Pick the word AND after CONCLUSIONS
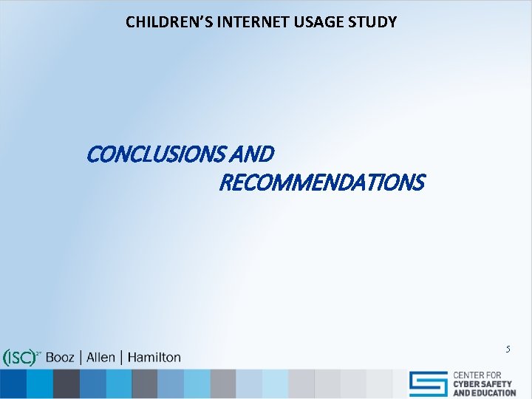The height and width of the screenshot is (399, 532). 255,154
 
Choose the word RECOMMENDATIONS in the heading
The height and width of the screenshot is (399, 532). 321,182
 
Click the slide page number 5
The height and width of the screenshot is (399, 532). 508,347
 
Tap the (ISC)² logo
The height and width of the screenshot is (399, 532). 20,358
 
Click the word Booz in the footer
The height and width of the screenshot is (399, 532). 61,358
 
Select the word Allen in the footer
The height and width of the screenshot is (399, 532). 100,358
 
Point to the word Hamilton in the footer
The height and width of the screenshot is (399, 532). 154,358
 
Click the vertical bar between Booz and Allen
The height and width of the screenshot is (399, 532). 81,358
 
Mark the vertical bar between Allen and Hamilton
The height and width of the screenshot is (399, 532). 121,358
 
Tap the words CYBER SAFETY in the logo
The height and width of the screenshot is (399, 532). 484,384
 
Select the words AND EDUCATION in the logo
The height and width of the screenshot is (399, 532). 484,393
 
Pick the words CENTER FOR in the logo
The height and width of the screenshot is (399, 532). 477,375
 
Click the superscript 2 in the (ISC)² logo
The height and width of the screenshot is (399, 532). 38,353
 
